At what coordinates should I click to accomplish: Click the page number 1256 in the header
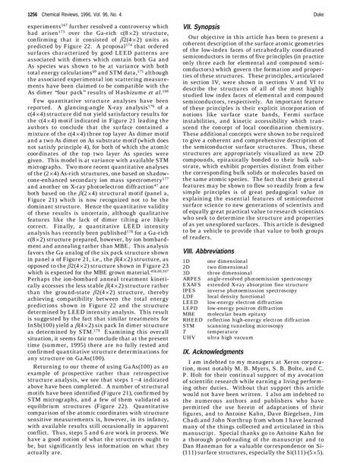point(12,12)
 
